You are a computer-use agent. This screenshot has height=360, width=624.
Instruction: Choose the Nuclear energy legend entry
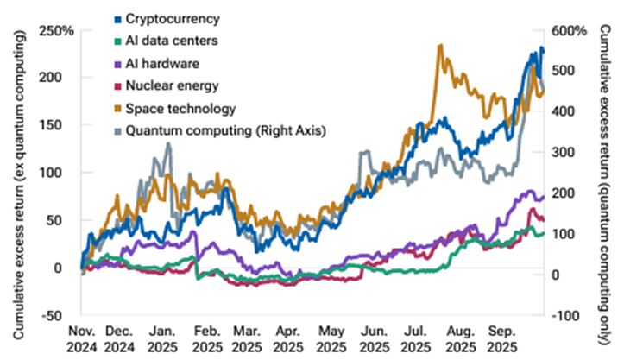click(169, 86)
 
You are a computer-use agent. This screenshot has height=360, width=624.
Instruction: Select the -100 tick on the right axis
click(571, 315)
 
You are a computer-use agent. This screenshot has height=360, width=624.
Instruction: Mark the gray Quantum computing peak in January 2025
click(167, 143)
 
